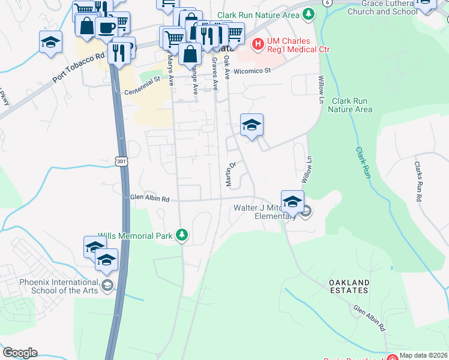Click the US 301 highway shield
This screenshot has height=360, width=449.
pyautogui.click(x=121, y=160)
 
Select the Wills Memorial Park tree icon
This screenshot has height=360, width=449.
pyautogui.click(x=182, y=235)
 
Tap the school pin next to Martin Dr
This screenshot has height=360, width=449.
pyautogui.click(x=252, y=125)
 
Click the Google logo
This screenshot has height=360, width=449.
pyautogui.click(x=20, y=352)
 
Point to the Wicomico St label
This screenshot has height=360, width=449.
pyautogui.click(x=253, y=71)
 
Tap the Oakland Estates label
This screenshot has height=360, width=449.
pyautogui.click(x=348, y=286)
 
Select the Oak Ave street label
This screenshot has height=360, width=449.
pyautogui.click(x=227, y=68)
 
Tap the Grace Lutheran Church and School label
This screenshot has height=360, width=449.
pyautogui.click(x=382, y=7)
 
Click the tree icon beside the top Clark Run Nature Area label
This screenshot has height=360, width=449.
pyautogui.click(x=309, y=13)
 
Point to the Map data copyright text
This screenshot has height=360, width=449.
pyautogui.click(x=424, y=355)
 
